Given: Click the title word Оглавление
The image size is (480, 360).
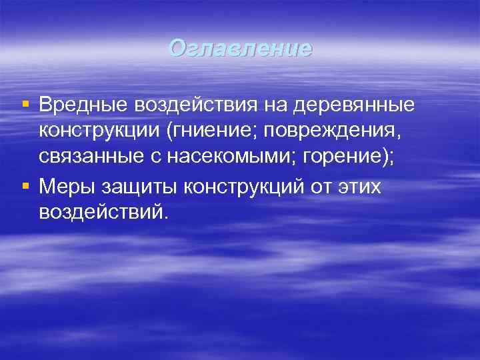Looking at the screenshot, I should [240, 49].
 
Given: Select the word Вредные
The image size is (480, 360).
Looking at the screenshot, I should [83, 105].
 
